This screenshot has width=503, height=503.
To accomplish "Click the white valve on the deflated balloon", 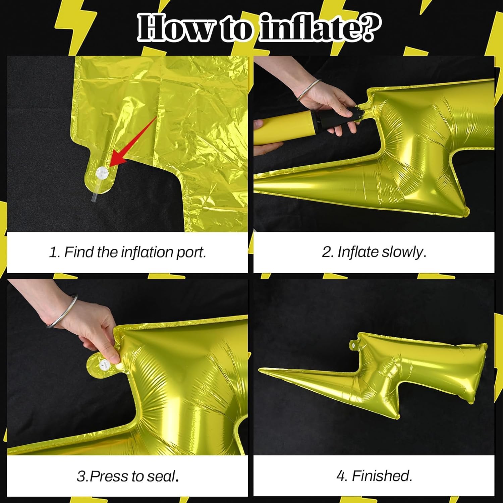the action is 102,173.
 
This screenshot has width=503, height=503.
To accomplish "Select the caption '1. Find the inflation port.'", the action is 127,252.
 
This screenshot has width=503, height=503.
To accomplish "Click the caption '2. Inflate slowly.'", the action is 374,252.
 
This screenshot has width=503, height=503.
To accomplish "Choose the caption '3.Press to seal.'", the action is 127,476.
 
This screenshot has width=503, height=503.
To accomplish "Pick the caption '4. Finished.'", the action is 374,476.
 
